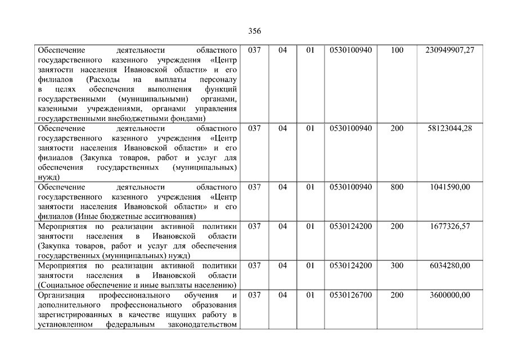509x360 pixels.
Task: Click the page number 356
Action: pyautogui.click(x=254, y=31)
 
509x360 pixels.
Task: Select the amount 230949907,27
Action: pyautogui.click(x=450, y=50)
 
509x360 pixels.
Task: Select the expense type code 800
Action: pyautogui.click(x=397, y=187)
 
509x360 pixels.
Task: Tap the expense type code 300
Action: pyautogui.click(x=397, y=265)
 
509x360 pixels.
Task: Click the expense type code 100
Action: pyautogui.click(x=397, y=50)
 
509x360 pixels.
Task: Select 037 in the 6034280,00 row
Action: pyautogui.click(x=254, y=265)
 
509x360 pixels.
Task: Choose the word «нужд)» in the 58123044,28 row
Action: pyautogui.click(x=48, y=177)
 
